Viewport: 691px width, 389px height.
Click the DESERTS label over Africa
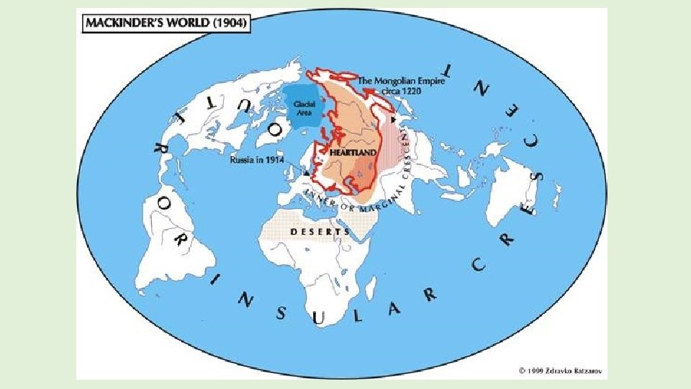pyautogui.click(x=320, y=232)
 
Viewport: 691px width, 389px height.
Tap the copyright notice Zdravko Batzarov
pyautogui.click(x=561, y=371)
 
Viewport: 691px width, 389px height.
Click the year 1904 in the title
pyautogui.click(x=231, y=24)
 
